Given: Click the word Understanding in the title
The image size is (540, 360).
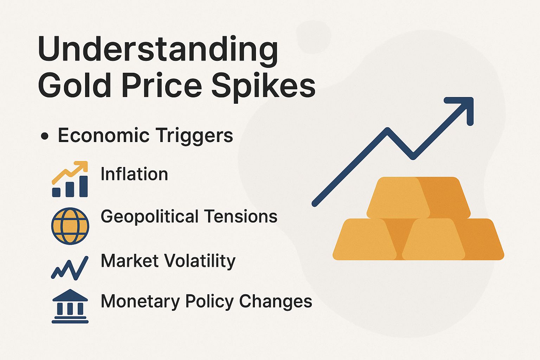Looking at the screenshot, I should pyautogui.click(x=158, y=50).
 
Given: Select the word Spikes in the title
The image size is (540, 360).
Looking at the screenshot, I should pyautogui.click(x=263, y=86).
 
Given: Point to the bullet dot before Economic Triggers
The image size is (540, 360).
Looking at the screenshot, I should pyautogui.click(x=44, y=136).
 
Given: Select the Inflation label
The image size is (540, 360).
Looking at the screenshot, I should pyautogui.click(x=134, y=174).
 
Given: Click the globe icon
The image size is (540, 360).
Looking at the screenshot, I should pyautogui.click(x=70, y=226).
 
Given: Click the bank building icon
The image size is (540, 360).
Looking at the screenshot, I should pyautogui.click(x=70, y=306).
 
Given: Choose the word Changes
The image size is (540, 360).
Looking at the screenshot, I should pyautogui.click(x=276, y=301).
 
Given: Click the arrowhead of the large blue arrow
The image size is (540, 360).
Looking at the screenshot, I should pyautogui.click(x=463, y=107).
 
